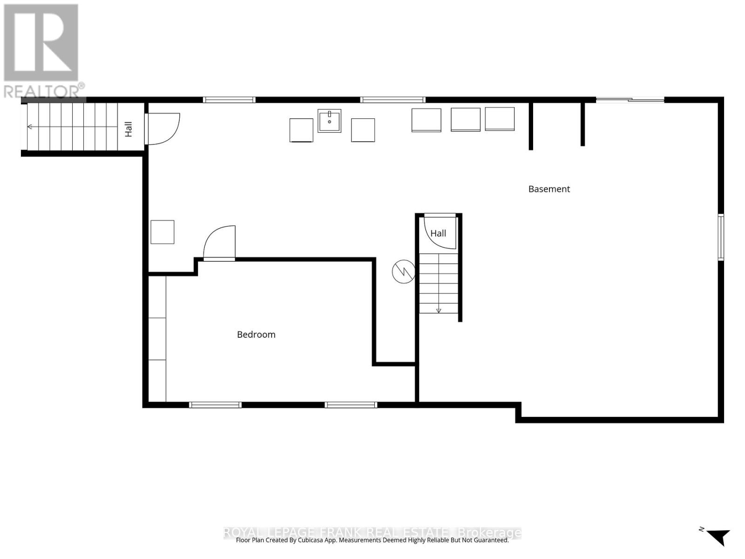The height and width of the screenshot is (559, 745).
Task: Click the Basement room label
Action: [x=549, y=189]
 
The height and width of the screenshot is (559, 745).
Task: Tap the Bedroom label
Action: [x=256, y=334]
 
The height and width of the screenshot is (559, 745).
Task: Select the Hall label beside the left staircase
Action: [x=129, y=129]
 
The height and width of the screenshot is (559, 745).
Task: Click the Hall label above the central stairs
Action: [x=438, y=233]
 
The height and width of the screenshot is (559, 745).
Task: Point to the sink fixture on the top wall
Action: [x=329, y=121]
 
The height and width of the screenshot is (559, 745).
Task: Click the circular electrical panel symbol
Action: [x=403, y=272]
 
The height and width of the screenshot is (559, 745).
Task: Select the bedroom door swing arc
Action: [x=220, y=241]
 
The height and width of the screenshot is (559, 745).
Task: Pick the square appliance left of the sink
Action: [x=301, y=130]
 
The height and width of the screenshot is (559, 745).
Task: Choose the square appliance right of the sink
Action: [x=363, y=130]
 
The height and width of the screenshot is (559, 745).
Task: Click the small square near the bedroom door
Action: [x=163, y=232]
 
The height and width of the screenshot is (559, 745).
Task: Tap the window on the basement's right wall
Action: [x=720, y=237]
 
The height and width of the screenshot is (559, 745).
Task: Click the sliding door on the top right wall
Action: [x=630, y=99]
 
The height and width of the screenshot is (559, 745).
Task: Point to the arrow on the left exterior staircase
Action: [x=30, y=127]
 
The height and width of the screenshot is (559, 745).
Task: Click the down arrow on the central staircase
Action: [x=438, y=310]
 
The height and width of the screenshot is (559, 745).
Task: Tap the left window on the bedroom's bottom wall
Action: [x=215, y=405]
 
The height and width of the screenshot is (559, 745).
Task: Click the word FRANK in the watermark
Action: [x=341, y=532]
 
